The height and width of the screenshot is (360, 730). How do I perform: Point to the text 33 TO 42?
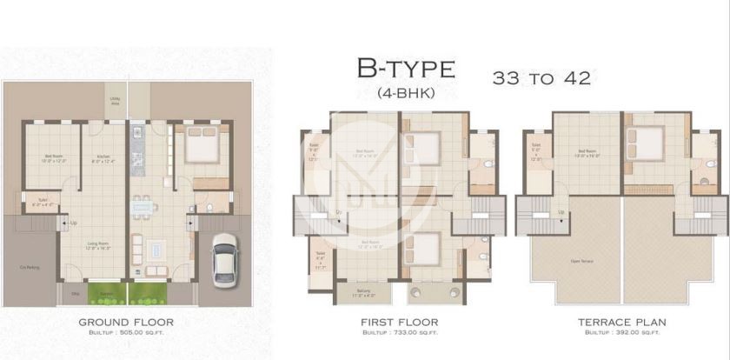[541, 78]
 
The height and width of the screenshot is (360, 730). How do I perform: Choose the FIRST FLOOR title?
[399, 322]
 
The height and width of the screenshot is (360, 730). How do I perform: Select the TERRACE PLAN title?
[621, 322]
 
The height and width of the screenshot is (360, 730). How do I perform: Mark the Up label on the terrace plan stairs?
[561, 211]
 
